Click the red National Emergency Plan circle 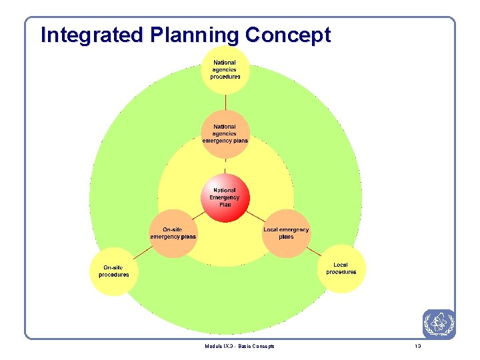[x=225, y=197]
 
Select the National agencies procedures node [x=225, y=69]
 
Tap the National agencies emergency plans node [x=225, y=133]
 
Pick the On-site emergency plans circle [x=173, y=233]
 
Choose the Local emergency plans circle [x=286, y=233]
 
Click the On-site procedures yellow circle [x=114, y=271]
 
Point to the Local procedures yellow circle [x=341, y=269]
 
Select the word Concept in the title [x=288, y=35]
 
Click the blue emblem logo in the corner [x=439, y=325]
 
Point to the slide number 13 [x=418, y=346]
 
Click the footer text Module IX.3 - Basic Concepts [x=240, y=346]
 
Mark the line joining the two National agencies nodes [x=225, y=101]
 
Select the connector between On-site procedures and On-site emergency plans [x=143, y=252]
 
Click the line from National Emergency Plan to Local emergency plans [x=257, y=216]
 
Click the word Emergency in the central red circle [x=225, y=197]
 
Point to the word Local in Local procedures [x=341, y=265]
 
